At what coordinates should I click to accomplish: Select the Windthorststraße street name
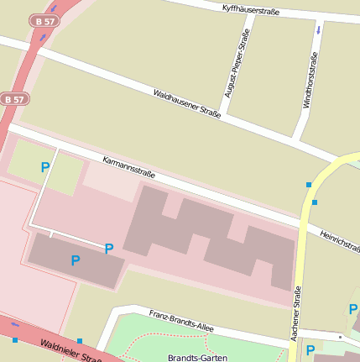(x=309, y=81)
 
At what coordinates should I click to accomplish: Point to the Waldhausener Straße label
(x=186, y=104)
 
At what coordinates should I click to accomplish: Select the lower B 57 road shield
(x=13, y=98)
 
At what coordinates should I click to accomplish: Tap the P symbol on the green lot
(x=45, y=167)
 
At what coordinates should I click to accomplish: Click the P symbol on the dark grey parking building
(x=76, y=260)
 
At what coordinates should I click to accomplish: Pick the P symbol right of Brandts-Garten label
(x=310, y=350)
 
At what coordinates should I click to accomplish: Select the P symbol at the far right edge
(x=352, y=310)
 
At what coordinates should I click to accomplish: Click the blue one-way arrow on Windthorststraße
(x=318, y=29)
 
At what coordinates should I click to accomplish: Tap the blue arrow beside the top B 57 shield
(x=42, y=37)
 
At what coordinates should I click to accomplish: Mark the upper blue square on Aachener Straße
(x=309, y=184)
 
